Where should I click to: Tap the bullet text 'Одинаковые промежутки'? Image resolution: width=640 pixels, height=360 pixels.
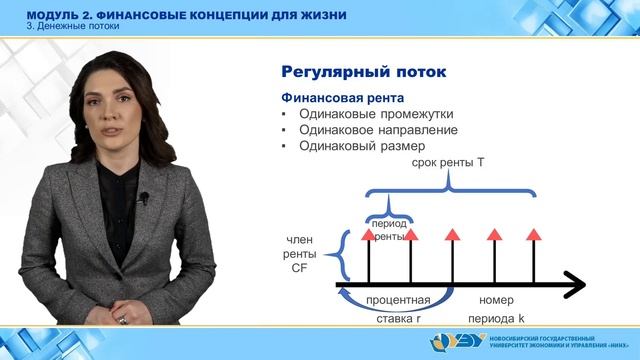(x=369, y=114)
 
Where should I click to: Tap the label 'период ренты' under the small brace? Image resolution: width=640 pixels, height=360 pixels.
(x=390, y=230)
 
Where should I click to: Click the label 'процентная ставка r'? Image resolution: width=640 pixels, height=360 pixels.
(x=398, y=309)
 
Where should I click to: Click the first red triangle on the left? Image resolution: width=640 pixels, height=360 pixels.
(x=369, y=235)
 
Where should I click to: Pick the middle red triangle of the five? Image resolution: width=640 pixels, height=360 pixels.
(x=452, y=235)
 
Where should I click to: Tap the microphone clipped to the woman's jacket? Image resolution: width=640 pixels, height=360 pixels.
(x=143, y=198)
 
